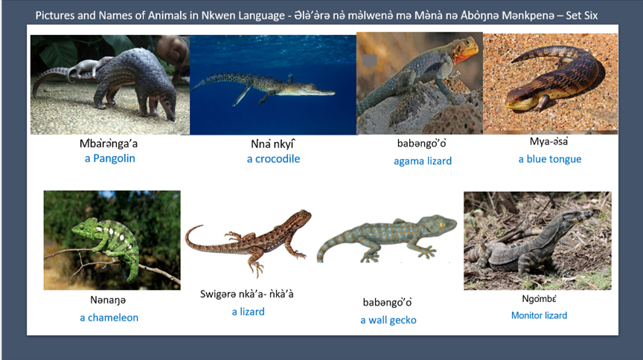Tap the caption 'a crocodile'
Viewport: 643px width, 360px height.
tap(273, 158)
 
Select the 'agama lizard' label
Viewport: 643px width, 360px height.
tap(423, 161)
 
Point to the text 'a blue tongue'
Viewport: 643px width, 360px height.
tap(550, 159)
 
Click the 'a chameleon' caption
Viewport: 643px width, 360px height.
tap(109, 318)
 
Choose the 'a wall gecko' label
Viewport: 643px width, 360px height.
tap(388, 320)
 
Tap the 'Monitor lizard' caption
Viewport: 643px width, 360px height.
tap(539, 315)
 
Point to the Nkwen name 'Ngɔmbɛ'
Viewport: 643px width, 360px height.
tap(540, 299)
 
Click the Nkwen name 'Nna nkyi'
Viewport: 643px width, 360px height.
tap(273, 144)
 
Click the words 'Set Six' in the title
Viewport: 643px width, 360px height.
tap(586, 15)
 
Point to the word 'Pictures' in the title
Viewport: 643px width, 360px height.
tap(57, 15)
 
